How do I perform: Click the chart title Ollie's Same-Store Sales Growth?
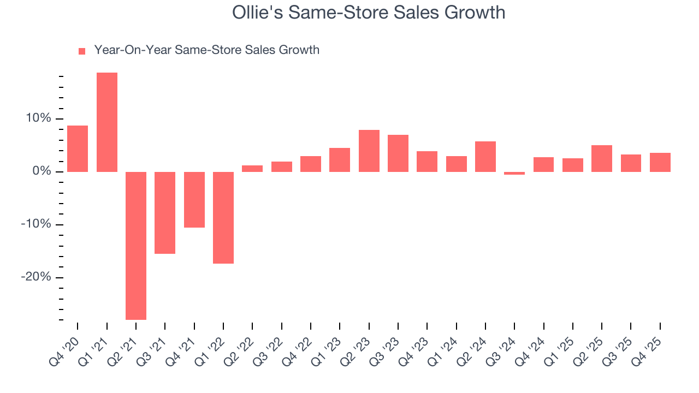[369, 13]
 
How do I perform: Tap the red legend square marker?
[82, 51]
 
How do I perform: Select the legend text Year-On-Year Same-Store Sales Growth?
[206, 50]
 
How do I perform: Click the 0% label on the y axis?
[43, 171]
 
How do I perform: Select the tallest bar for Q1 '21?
[107, 122]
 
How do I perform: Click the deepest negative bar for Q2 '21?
[136, 246]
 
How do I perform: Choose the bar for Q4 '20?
[78, 148]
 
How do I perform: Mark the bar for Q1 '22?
[223, 217]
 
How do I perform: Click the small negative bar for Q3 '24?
[514, 173]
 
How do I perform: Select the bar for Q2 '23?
[369, 151]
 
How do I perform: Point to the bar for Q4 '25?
[660, 162]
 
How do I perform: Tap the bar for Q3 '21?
[165, 212]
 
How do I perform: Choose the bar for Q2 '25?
[602, 158]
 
